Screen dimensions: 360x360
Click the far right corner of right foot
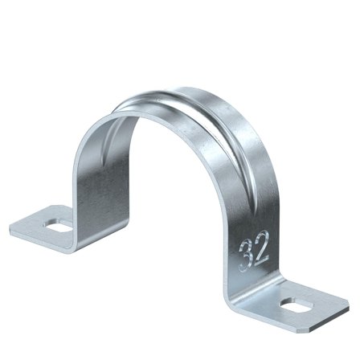[x=348, y=305]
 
